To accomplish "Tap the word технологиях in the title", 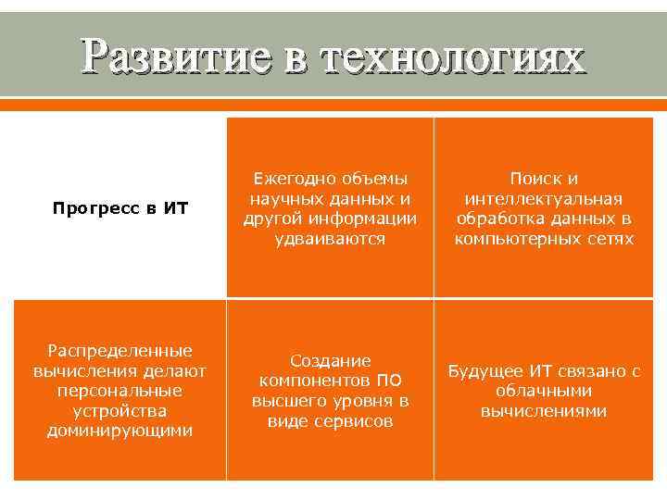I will click(453, 57).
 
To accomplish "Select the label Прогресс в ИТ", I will click(120, 208).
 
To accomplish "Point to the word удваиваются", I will click(330, 239).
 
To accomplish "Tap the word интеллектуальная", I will click(544, 199).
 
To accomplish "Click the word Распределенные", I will click(120, 350).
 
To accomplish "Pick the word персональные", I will click(120, 391).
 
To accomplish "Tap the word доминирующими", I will click(120, 431).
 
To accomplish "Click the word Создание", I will click(330, 360).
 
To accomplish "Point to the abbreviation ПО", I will click(389, 381).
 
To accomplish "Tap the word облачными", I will click(544, 391).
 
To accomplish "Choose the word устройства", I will click(120, 410).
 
